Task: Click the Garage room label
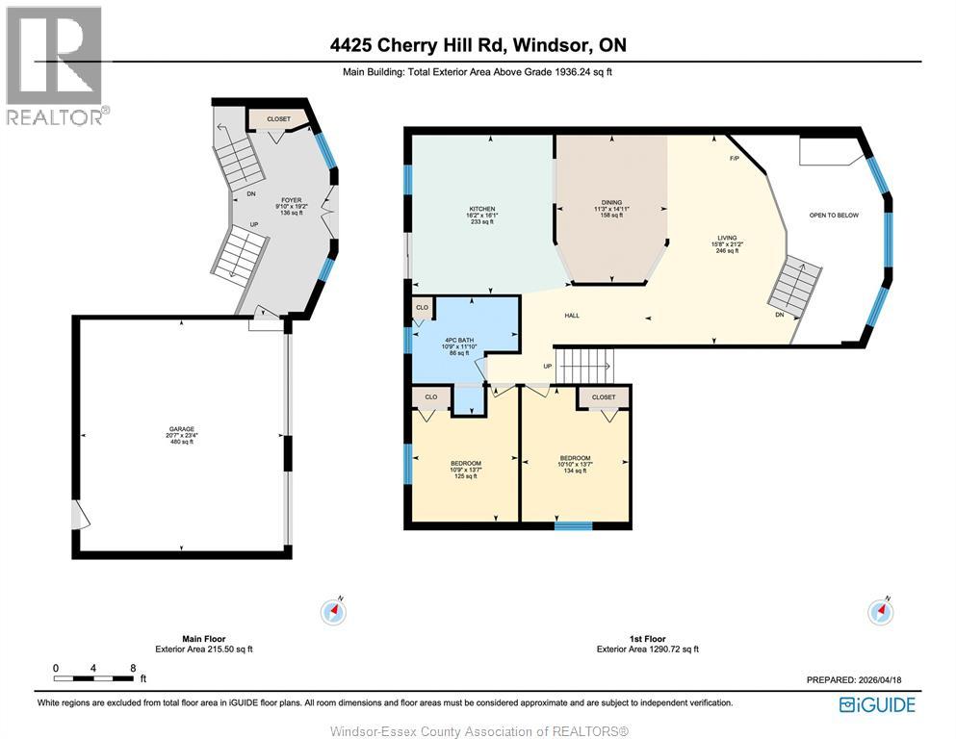(x=182, y=429)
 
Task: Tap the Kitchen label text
(x=481, y=209)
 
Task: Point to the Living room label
(x=726, y=238)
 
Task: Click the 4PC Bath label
(x=458, y=341)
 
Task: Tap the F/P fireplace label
(x=734, y=158)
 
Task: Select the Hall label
(x=572, y=316)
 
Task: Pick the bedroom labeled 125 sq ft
(x=465, y=470)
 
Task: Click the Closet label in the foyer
(x=279, y=120)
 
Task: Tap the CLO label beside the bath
(x=421, y=308)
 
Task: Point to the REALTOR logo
(x=55, y=65)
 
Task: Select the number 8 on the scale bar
(x=133, y=668)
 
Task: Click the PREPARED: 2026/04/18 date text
(x=859, y=680)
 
